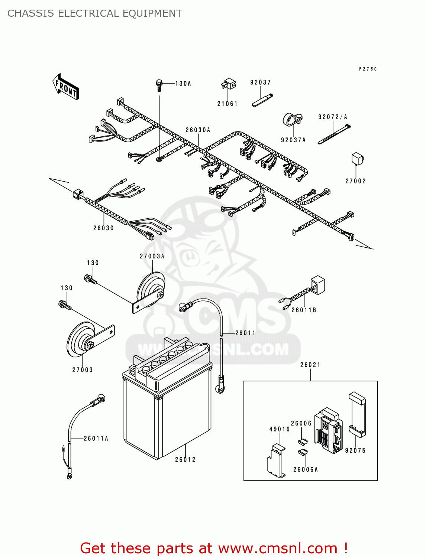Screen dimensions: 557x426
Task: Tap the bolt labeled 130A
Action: (x=159, y=85)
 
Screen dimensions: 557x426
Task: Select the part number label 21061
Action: (x=227, y=104)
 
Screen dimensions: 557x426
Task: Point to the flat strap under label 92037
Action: (x=262, y=101)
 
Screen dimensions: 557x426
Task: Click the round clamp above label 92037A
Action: (x=292, y=119)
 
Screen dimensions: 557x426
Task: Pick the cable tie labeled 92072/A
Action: (x=333, y=134)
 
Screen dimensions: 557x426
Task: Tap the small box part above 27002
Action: (x=357, y=159)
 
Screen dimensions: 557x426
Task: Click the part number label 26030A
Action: (x=198, y=130)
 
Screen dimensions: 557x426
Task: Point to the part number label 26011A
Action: (x=96, y=439)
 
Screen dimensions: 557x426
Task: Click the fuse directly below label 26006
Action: (x=303, y=442)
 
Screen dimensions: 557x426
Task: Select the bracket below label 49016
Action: (x=276, y=460)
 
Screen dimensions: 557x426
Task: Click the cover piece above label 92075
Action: (x=357, y=414)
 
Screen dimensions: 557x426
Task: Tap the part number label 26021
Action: (x=310, y=365)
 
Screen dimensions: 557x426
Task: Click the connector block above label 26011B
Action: (x=317, y=284)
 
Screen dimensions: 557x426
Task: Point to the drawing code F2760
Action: (x=368, y=69)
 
